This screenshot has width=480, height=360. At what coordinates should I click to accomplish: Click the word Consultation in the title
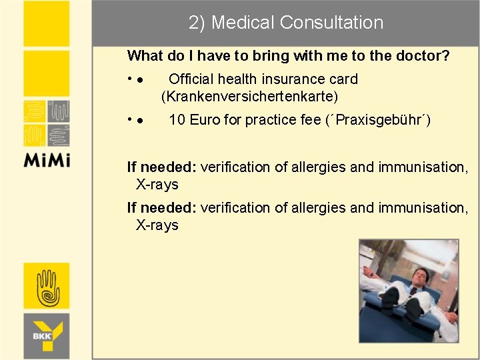[x=331, y=23]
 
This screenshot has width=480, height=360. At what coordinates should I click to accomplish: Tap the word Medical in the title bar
[x=243, y=23]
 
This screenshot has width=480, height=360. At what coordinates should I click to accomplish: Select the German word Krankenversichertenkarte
[x=250, y=97]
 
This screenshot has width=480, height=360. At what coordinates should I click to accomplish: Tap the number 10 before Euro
[x=177, y=120]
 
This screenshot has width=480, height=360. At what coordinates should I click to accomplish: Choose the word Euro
[x=203, y=120]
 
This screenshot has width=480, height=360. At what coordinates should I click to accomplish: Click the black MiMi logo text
[x=47, y=160]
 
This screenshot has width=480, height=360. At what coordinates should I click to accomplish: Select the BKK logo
[x=47, y=333]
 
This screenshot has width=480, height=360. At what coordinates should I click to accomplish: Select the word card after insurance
[x=343, y=79]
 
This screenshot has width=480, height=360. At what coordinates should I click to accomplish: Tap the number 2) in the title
[x=197, y=23]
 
